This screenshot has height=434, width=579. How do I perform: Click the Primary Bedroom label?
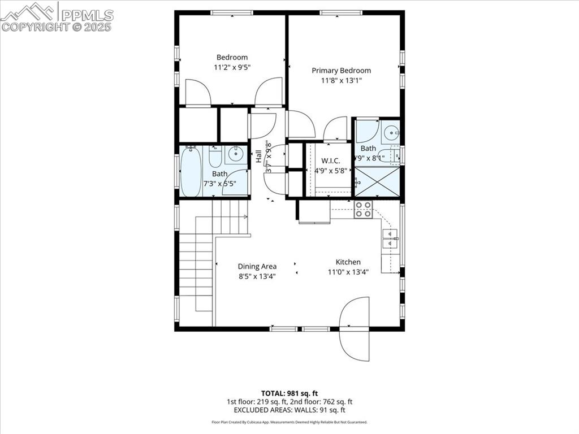(342, 71)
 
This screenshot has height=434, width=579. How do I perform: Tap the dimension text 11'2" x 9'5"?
(232, 67)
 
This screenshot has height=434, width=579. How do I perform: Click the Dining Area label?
(257, 266)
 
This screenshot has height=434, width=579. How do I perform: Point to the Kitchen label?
(348, 262)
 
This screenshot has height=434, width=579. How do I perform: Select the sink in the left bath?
(236, 153)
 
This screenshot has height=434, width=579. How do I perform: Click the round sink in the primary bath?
(391, 133)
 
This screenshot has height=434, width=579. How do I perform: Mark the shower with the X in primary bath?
(377, 182)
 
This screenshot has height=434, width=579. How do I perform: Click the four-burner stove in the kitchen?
(363, 209)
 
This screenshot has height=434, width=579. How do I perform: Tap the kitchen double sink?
(390, 239)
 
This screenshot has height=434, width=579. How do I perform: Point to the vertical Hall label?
(258, 157)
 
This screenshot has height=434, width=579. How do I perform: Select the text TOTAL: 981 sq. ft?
(289, 393)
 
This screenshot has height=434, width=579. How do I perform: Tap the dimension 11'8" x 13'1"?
(342, 81)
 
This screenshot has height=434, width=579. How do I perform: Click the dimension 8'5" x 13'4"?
(257, 276)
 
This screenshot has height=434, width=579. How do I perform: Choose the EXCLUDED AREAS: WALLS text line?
(289, 410)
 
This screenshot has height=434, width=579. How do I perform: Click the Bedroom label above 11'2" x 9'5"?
(232, 57)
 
